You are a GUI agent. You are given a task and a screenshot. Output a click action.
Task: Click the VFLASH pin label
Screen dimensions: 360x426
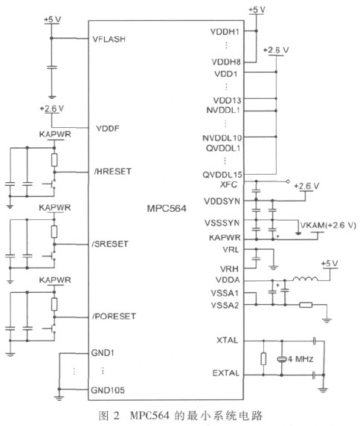click(x=109, y=39)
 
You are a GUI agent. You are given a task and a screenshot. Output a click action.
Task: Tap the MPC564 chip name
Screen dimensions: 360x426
click(x=167, y=208)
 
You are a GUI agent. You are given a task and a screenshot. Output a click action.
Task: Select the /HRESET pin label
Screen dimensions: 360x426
click(x=113, y=171)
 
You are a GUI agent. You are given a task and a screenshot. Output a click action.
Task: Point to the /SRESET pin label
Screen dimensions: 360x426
click(x=110, y=244)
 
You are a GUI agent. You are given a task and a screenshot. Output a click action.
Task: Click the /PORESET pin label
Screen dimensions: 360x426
click(x=114, y=316)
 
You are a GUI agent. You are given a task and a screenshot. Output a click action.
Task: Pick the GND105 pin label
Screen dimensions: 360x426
click(x=108, y=390)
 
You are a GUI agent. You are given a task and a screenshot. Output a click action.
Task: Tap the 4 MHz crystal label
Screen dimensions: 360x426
click(x=300, y=359)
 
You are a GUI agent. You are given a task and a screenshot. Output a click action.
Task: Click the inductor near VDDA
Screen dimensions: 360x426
click(x=305, y=279)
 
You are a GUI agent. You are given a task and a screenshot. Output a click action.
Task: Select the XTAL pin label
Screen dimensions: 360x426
click(x=227, y=341)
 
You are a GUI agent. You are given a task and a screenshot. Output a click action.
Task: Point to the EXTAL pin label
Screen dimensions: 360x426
click(x=225, y=372)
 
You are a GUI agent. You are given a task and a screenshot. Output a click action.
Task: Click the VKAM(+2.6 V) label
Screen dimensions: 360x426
click(x=328, y=225)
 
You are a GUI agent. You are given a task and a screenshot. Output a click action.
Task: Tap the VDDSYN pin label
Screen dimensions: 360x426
click(x=222, y=201)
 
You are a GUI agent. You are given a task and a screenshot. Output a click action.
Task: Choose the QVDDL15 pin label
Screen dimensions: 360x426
click(x=222, y=175)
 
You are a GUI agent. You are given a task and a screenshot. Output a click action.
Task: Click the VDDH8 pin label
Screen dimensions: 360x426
click(x=226, y=62)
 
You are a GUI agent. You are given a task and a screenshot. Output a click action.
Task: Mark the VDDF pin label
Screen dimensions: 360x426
click(x=108, y=128)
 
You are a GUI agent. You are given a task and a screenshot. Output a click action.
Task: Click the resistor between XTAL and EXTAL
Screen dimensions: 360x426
click(x=263, y=358)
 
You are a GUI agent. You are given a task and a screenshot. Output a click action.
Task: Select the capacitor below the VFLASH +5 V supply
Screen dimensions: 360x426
click(x=51, y=67)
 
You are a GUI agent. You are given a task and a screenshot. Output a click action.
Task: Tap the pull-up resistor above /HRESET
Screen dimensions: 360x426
click(x=54, y=160)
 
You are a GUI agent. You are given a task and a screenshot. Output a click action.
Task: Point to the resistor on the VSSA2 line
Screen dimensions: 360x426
click(x=306, y=305)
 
